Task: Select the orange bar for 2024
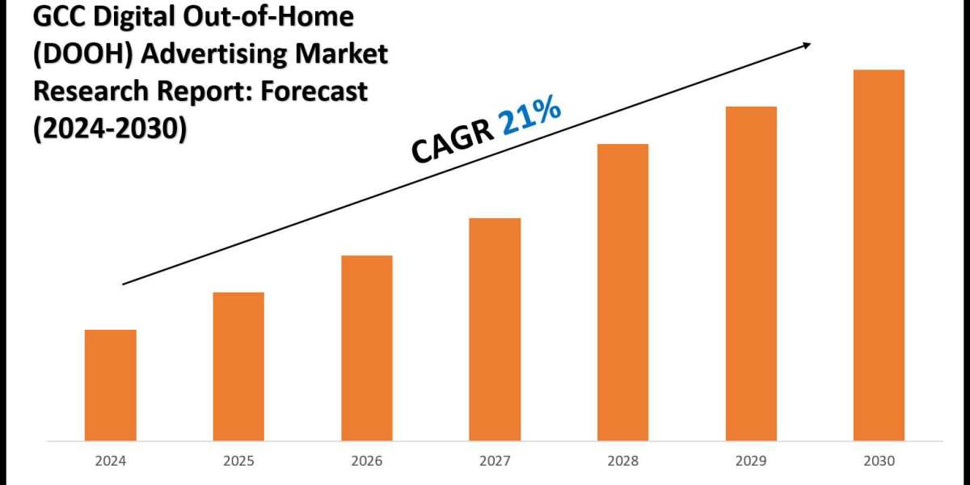110,386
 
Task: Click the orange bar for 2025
238,367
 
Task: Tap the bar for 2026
366,348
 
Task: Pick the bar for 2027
495,330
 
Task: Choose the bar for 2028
622,293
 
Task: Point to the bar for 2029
751,274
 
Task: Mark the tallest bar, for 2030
879,255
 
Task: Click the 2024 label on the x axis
110,462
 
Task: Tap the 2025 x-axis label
238,462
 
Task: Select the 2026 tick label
366,462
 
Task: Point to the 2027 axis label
495,462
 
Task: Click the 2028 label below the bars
622,462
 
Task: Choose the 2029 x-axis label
751,462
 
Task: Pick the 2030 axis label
879,462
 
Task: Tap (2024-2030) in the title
108,129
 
